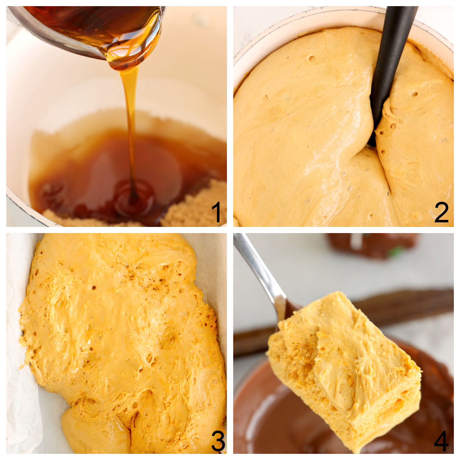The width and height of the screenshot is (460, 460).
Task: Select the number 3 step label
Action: coord(218,442)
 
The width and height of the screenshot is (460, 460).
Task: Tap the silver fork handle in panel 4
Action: coord(261,270)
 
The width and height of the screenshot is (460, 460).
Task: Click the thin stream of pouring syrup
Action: coord(131,123)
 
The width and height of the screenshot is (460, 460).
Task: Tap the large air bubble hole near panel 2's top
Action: coord(312,58)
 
